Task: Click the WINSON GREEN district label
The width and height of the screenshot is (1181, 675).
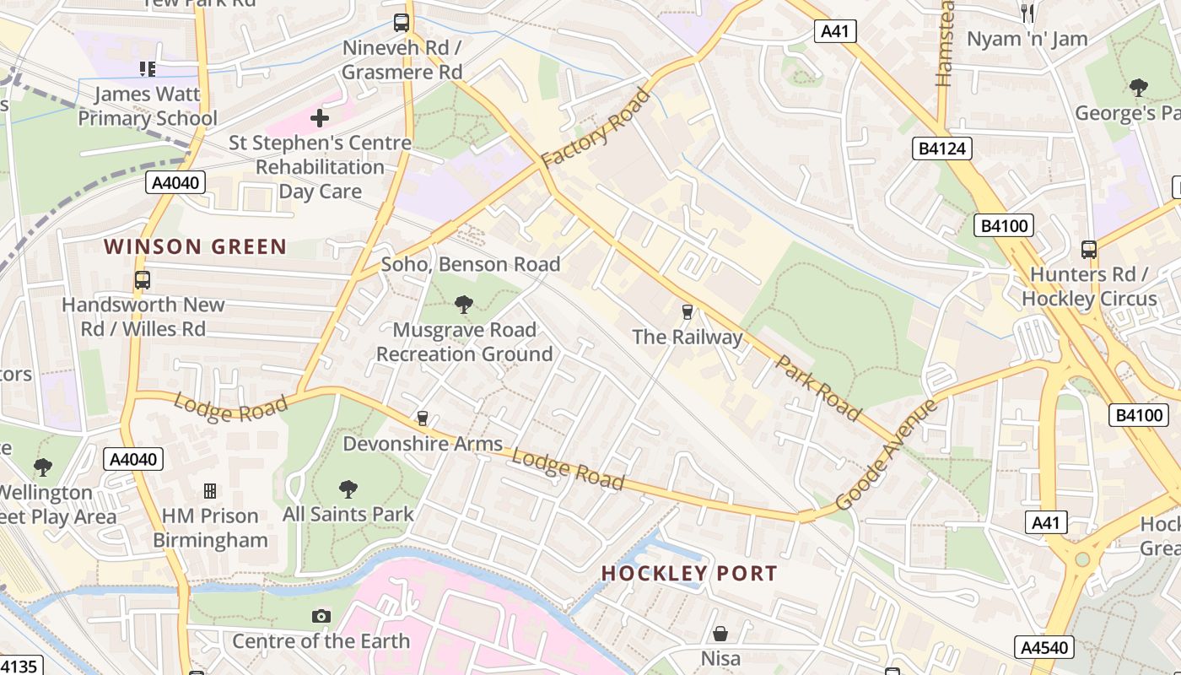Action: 195,246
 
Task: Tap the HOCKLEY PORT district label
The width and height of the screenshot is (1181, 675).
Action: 689,573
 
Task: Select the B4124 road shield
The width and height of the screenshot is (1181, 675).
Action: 942,149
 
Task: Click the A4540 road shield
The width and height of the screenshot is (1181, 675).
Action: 1043,647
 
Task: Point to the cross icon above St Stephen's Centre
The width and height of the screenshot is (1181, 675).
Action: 320,118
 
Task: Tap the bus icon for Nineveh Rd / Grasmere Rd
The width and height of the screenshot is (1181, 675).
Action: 402,23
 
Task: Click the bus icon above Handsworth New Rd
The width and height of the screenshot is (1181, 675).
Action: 143,280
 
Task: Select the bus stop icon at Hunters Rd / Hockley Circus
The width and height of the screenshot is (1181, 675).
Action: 1089,250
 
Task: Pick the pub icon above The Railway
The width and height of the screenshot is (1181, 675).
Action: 687,312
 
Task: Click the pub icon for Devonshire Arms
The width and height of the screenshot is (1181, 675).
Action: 423,418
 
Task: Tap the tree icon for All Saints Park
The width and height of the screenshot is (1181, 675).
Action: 348,489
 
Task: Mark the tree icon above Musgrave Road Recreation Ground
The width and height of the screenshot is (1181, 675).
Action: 463,304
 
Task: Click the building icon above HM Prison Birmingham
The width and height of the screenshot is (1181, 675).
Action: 210,491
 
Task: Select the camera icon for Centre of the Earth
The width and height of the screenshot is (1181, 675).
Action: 321,616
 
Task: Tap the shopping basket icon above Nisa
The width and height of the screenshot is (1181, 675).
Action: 720,633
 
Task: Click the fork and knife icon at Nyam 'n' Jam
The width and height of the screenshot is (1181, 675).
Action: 1027,13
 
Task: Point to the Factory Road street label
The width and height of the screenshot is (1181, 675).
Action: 596,127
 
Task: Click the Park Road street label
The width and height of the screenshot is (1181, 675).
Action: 818,388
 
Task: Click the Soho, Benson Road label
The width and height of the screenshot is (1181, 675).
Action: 471,264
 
